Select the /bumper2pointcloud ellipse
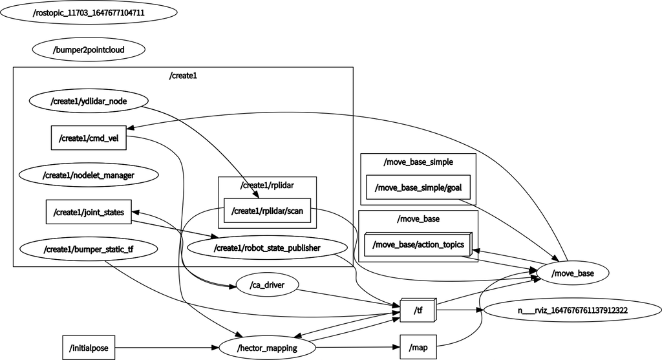click(89, 49)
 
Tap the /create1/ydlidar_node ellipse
click(89, 101)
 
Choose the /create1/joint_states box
click(89, 211)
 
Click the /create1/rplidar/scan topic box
click(267, 210)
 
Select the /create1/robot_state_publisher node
click(267, 248)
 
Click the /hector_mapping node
click(267, 348)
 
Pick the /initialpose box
click(89, 348)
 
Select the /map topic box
click(418, 348)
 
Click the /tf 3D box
click(418, 311)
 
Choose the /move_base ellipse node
click(572, 274)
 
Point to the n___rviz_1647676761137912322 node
click(572, 310)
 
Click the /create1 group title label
click(183, 76)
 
